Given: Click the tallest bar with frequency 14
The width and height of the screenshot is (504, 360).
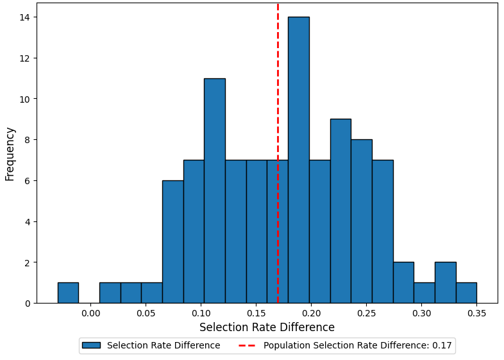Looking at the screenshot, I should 298,160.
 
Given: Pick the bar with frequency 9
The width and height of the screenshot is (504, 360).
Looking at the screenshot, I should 340,211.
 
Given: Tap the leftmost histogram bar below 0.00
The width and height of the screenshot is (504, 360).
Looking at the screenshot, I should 68,293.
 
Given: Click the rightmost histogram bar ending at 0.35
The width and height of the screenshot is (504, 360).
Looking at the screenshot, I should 466,293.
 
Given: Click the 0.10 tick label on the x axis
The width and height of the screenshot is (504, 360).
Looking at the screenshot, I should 201,314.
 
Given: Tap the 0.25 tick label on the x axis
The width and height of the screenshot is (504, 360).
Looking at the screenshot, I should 366,314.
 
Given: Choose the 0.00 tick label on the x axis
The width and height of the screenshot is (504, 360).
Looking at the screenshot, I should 91,314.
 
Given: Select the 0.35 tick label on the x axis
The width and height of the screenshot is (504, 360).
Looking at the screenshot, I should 476,314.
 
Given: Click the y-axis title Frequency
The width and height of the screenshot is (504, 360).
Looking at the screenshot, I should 10,153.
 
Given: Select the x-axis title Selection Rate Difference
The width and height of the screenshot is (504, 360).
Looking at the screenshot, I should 267,328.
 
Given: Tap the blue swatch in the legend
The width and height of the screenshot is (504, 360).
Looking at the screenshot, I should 91,346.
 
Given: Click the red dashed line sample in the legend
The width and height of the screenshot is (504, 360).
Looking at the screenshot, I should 246,346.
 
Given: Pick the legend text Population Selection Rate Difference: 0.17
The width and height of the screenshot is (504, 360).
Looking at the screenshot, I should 357,346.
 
